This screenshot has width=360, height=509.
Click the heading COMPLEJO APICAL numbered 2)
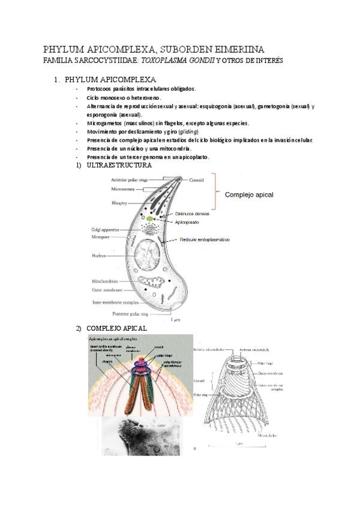(116, 328)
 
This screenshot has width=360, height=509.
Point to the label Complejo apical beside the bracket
(249, 195)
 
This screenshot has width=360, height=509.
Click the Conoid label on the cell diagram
(197, 178)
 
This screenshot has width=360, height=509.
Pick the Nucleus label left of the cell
(100, 256)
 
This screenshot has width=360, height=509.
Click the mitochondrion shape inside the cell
(152, 284)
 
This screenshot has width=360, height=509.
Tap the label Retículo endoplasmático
(204, 239)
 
